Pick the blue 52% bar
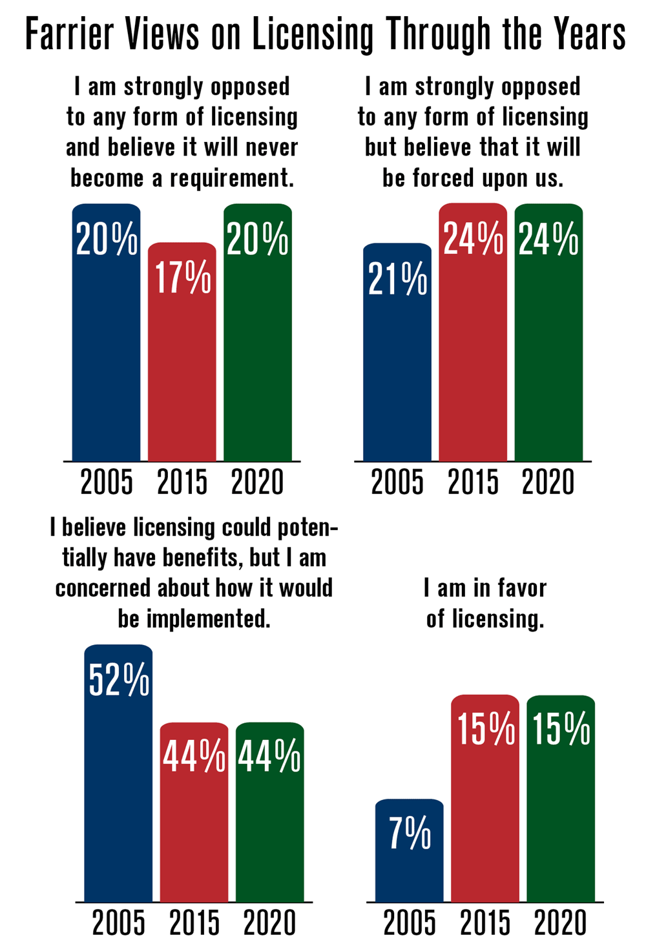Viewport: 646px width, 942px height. click(x=118, y=794)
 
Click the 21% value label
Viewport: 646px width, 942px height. click(x=397, y=280)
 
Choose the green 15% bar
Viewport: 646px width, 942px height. click(x=561, y=820)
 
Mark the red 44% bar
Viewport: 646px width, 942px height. click(x=194, y=833)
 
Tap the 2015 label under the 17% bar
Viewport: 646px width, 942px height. click(x=182, y=482)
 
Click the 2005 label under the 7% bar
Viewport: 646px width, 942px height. click(x=410, y=923)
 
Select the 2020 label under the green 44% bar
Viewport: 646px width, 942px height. click(x=269, y=923)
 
